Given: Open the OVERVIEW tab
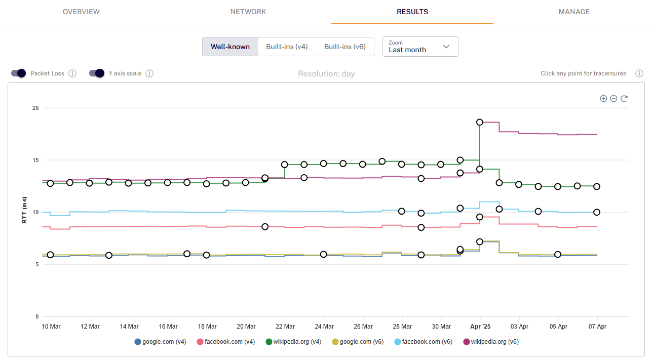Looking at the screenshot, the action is tap(81, 12).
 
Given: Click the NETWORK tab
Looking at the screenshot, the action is tap(248, 12).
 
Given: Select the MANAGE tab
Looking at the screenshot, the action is tap(574, 12).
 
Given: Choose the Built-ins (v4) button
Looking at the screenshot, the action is tap(287, 47).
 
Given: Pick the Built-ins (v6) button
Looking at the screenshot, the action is tap(345, 47).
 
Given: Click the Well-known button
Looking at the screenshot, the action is tap(230, 47).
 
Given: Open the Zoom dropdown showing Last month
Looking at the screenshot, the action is tap(420, 47).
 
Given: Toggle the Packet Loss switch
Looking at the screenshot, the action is tap(19, 73).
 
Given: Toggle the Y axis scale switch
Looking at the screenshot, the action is tap(97, 73).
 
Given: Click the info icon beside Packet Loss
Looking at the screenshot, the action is tap(72, 73).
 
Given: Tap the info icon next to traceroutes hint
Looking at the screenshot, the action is tap(639, 73).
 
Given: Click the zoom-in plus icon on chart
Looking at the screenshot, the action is tap(603, 98).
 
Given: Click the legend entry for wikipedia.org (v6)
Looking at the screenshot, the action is tap(491, 342).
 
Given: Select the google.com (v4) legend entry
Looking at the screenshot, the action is tap(160, 342).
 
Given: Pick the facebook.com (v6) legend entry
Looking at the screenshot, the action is tap(424, 342).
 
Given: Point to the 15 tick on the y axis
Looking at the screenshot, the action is tap(35, 160).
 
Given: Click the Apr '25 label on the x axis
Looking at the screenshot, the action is tap(480, 327).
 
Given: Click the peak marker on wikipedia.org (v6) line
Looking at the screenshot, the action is tap(480, 123).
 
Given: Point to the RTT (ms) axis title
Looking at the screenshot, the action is tap(24, 210).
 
